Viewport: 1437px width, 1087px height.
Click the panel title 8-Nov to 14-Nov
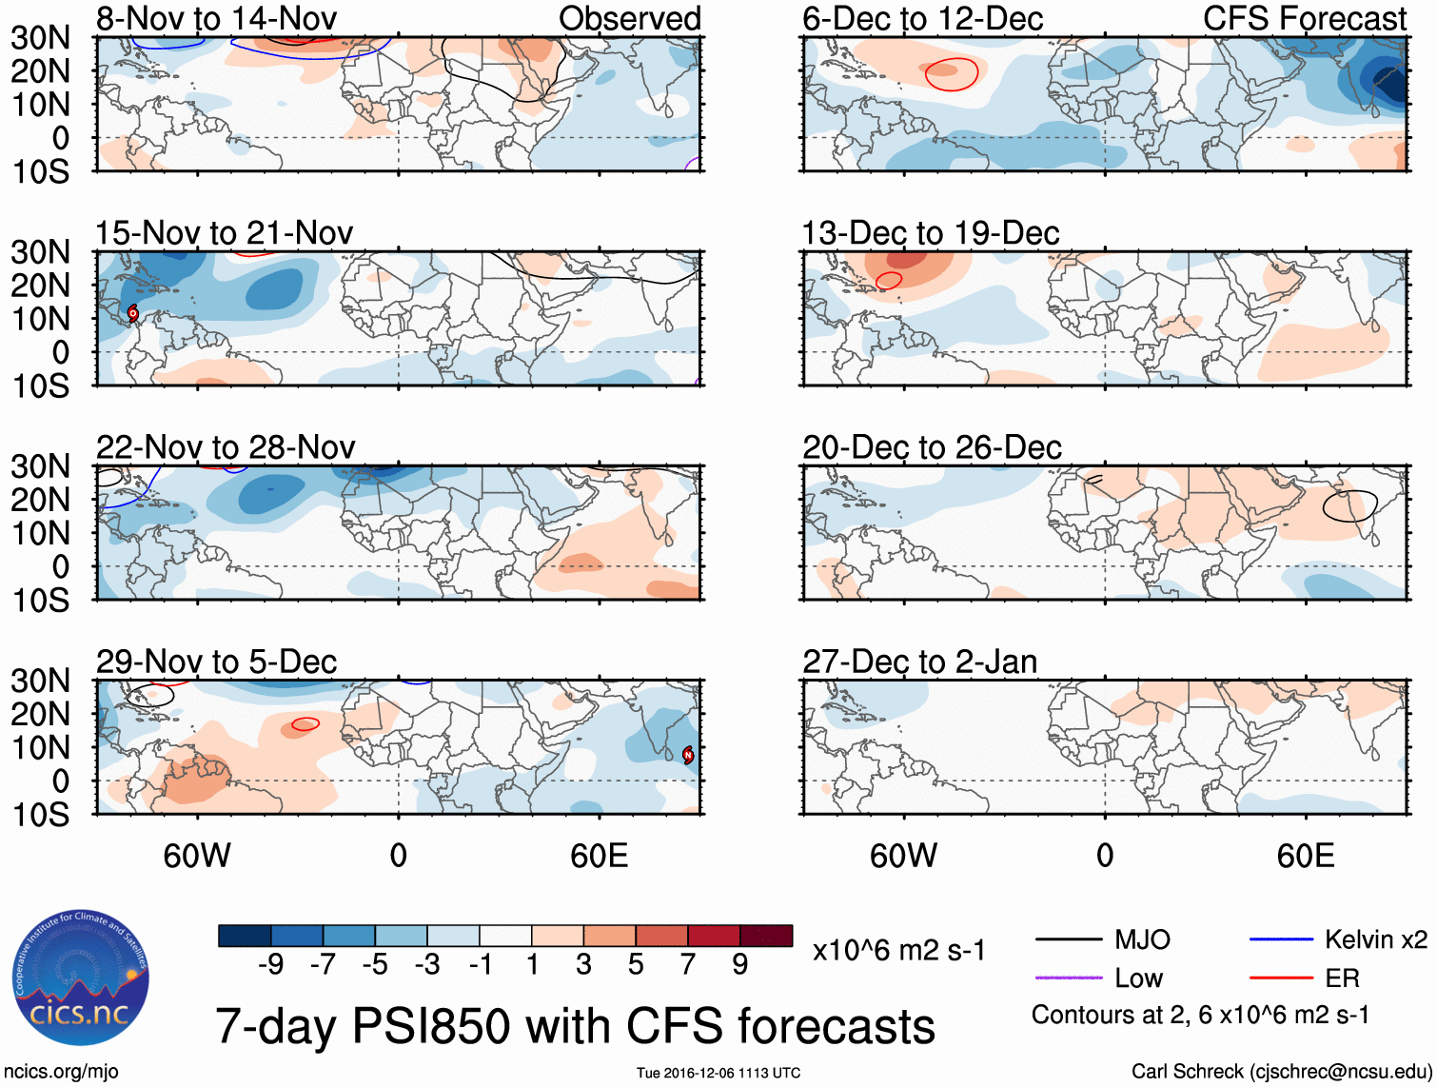tap(216, 18)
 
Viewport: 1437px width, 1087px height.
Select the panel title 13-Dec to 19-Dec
tap(930, 233)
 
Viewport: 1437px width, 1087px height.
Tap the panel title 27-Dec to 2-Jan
tap(919, 662)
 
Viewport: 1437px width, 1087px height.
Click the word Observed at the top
tap(629, 18)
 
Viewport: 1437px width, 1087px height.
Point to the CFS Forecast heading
tap(1304, 18)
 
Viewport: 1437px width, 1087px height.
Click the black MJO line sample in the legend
tap(1069, 940)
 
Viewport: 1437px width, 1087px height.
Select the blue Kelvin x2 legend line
tap(1281, 940)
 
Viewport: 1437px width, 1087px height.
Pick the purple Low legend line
tap(1069, 978)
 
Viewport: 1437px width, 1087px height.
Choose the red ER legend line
tap(1281, 978)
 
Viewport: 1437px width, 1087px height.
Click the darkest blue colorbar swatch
tap(245, 936)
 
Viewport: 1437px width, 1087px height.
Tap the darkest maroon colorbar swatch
tap(766, 936)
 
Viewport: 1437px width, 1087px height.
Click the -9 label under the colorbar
tap(270, 965)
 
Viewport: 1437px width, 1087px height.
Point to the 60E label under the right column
tap(1305, 856)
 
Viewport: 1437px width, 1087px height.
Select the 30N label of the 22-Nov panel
tap(40, 466)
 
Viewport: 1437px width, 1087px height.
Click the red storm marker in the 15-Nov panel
tap(133, 312)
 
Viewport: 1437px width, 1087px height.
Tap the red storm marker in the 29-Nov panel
tap(688, 755)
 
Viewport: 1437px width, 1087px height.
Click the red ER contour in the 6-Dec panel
tap(952, 74)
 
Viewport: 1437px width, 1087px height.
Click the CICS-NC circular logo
tap(81, 978)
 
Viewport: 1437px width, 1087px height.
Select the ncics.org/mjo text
tap(61, 1072)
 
